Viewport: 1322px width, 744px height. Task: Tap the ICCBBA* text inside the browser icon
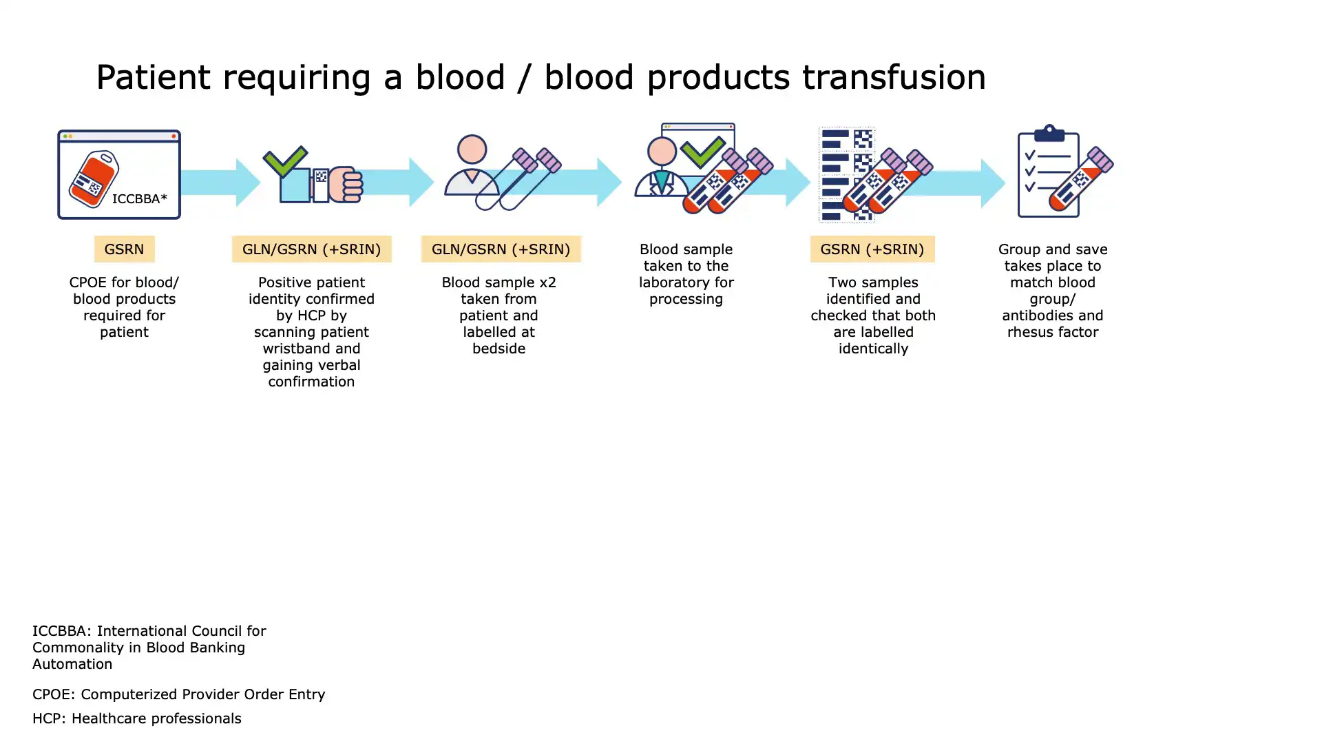[139, 198]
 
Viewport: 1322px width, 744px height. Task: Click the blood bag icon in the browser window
[94, 178]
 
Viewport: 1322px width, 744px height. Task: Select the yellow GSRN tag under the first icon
[124, 249]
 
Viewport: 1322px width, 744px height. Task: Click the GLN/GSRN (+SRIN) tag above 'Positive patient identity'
[311, 249]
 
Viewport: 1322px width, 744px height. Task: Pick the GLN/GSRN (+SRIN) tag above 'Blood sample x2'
[501, 249]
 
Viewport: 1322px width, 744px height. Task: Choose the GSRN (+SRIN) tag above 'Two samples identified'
[872, 249]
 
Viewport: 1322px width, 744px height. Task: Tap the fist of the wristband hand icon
[346, 185]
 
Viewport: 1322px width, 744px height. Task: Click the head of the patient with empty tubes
[472, 149]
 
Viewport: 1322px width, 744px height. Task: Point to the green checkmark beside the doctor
[702, 152]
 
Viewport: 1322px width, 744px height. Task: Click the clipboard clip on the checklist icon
[1049, 132]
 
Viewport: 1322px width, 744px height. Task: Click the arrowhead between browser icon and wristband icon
[247, 183]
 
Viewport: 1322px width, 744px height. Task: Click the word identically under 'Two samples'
[872, 349]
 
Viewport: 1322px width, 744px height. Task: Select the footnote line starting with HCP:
[136, 719]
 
